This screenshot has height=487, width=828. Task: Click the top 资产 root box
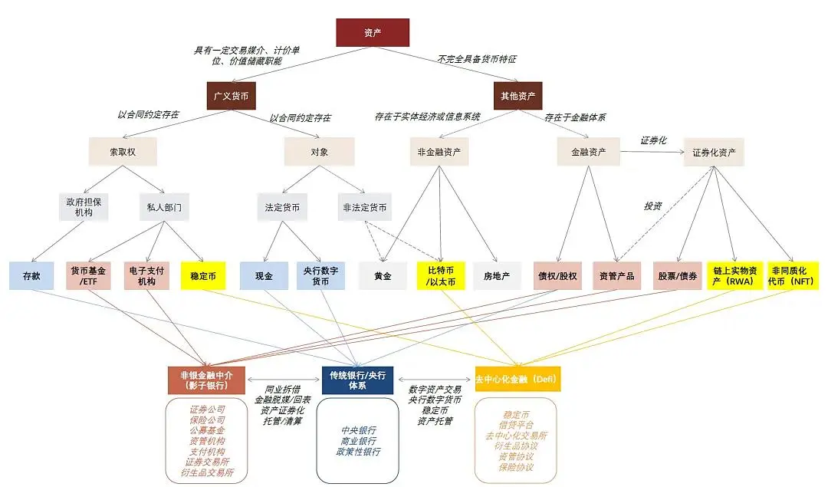tap(373, 33)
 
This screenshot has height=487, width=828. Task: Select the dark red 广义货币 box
tap(231, 96)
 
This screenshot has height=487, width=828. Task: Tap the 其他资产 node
tap(517, 96)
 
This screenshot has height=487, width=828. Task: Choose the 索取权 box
tap(123, 152)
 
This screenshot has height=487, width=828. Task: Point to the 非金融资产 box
tap(439, 152)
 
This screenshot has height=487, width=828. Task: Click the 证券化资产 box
tap(714, 152)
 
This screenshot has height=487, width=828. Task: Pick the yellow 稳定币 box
tap(202, 275)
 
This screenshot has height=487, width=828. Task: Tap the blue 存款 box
tap(31, 275)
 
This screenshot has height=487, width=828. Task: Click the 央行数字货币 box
tap(320, 275)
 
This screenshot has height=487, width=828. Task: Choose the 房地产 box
tap(497, 275)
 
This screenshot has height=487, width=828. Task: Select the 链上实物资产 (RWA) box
tap(734, 275)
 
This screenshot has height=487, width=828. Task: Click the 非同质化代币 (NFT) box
tap(792, 275)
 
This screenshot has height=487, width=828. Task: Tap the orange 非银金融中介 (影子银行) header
tap(205, 380)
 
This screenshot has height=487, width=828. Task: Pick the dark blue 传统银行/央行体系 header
tap(358, 380)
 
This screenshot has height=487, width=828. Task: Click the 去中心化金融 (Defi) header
tap(517, 380)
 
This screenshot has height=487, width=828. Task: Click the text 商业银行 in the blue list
tap(358, 441)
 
